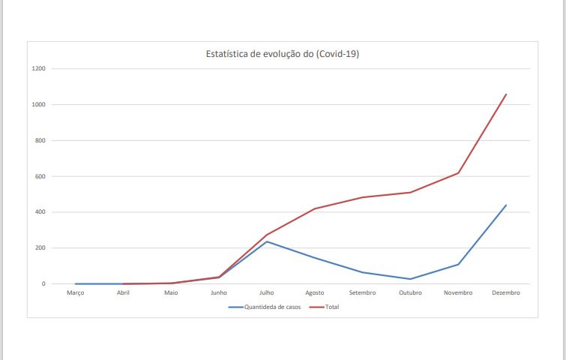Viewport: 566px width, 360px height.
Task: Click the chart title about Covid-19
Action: (x=283, y=54)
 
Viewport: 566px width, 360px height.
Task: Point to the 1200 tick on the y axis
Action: (x=38, y=69)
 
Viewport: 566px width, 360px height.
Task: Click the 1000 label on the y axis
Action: (x=38, y=105)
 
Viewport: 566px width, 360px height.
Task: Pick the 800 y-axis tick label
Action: (x=40, y=141)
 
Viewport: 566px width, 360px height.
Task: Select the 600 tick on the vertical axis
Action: (x=40, y=177)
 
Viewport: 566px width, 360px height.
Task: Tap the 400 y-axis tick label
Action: (x=40, y=212)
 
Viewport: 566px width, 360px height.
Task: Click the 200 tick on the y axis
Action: (x=40, y=248)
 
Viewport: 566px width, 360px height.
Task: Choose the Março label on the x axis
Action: (x=76, y=293)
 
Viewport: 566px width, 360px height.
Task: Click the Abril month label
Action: (x=124, y=293)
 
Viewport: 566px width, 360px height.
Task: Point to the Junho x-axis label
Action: (x=219, y=293)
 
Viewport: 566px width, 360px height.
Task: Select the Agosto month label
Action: (x=315, y=293)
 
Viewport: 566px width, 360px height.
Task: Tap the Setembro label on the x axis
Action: (x=363, y=293)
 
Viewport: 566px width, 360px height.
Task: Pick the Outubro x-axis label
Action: (x=410, y=293)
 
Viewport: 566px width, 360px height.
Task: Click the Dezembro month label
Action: (x=506, y=293)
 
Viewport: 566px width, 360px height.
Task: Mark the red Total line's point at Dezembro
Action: (x=506, y=94)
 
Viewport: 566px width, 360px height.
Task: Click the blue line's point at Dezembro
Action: (x=506, y=205)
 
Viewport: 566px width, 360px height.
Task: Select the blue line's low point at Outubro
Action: (x=410, y=279)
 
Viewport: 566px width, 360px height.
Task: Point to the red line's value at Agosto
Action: (x=315, y=208)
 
